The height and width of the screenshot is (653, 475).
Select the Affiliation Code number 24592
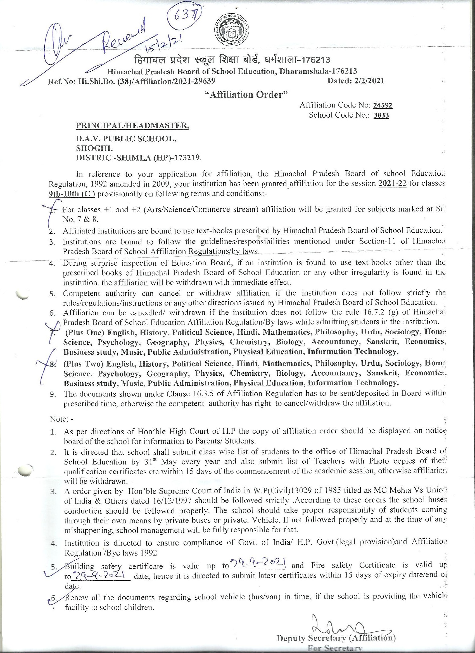pos(383,105)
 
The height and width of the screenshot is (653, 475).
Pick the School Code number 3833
pos(381,115)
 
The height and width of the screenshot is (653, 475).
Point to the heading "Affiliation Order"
pos(246,94)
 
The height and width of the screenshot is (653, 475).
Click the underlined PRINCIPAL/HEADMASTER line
pos(132,125)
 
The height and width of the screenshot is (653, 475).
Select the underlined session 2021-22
pos(393,183)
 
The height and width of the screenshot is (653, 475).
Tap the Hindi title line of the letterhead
pos(231,60)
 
